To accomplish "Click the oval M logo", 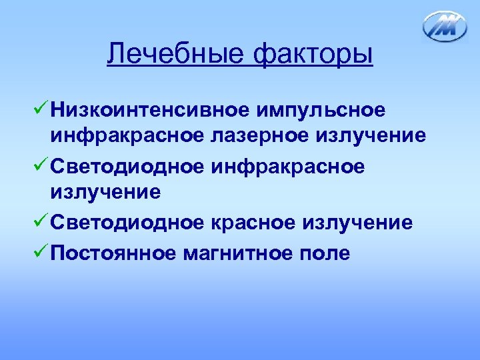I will tap(445, 27).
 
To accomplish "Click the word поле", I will tap(326, 253).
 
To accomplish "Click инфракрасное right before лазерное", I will tap(127, 137).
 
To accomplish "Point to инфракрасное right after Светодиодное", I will tap(289, 166).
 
